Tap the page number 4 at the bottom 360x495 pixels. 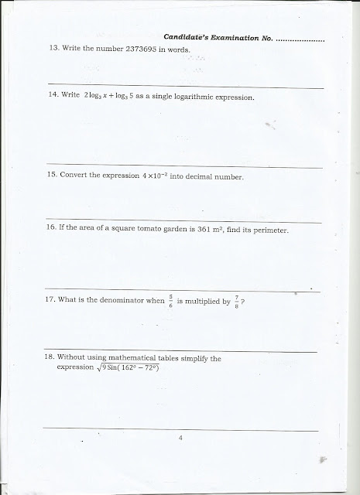click(x=180, y=439)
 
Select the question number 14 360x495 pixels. click(x=54, y=98)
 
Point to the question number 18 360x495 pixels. click(x=54, y=358)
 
